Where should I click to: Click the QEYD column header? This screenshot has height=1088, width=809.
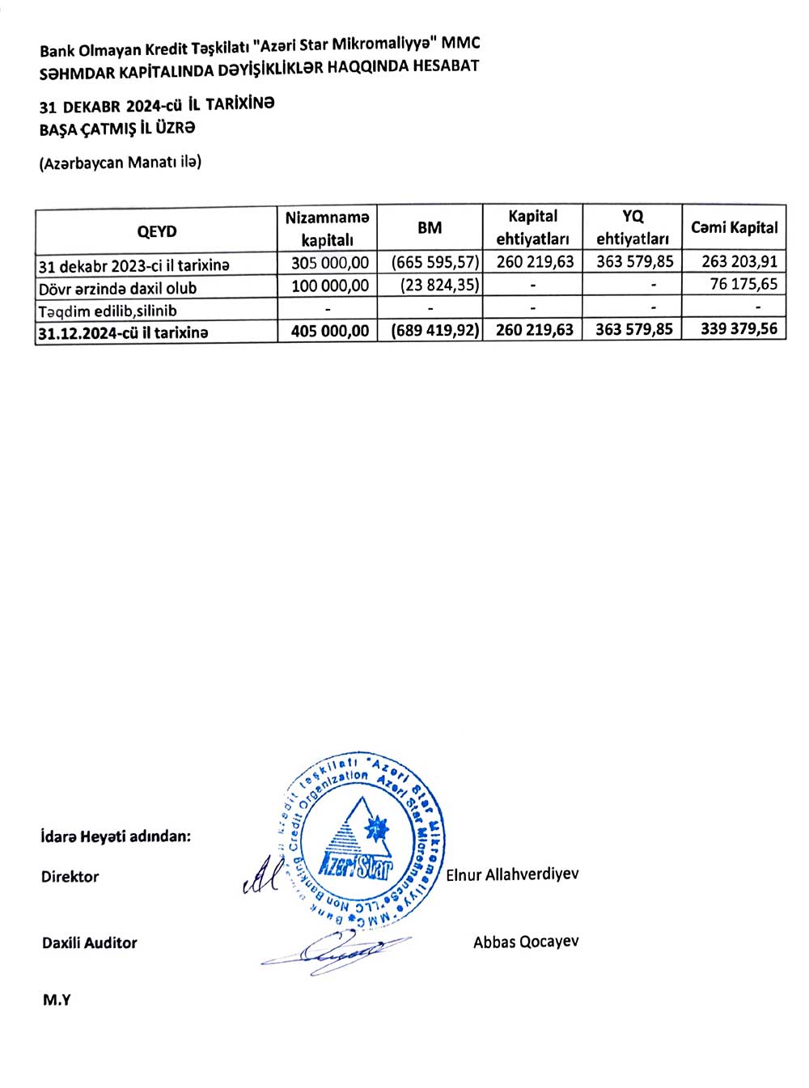pos(156,231)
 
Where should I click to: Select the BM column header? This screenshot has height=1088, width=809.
pos(430,228)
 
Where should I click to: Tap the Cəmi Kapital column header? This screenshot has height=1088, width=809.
pos(734,228)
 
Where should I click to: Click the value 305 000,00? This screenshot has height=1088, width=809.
pos(330,263)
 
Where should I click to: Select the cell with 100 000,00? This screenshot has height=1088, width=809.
pos(330,286)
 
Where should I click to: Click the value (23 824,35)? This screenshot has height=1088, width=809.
pos(439,285)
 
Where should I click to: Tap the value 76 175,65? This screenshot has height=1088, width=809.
pos(743,284)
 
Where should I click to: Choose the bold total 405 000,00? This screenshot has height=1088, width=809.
pos(330,331)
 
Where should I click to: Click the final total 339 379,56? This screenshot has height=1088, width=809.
pos(739,328)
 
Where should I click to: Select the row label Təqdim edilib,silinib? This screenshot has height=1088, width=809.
pos(108,311)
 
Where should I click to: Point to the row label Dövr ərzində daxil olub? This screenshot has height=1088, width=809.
pos(117,288)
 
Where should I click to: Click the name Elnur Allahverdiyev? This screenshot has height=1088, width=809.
pos(512,874)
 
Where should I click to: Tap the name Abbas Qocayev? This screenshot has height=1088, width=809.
pos(526,942)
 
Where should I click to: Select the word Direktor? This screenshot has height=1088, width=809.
pos(70,877)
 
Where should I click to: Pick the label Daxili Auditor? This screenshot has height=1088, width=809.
pos(90,943)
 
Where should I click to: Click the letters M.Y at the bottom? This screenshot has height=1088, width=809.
pos(57,1000)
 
